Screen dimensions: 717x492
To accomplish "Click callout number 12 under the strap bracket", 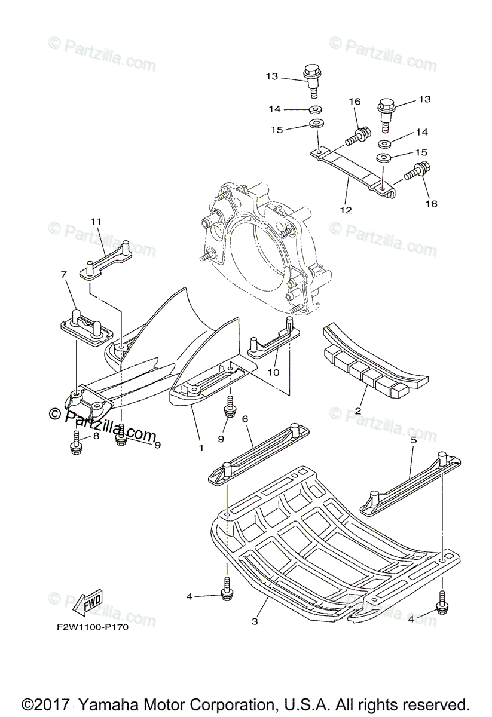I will [346, 210].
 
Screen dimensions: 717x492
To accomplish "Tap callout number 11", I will [96, 222].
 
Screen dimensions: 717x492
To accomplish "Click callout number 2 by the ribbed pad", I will [357, 412].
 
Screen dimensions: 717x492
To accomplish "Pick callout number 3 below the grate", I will [255, 621].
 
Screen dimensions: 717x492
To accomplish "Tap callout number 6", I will [245, 420].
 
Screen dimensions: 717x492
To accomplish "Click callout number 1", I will [201, 447].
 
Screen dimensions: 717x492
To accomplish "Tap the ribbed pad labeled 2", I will [365, 364].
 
